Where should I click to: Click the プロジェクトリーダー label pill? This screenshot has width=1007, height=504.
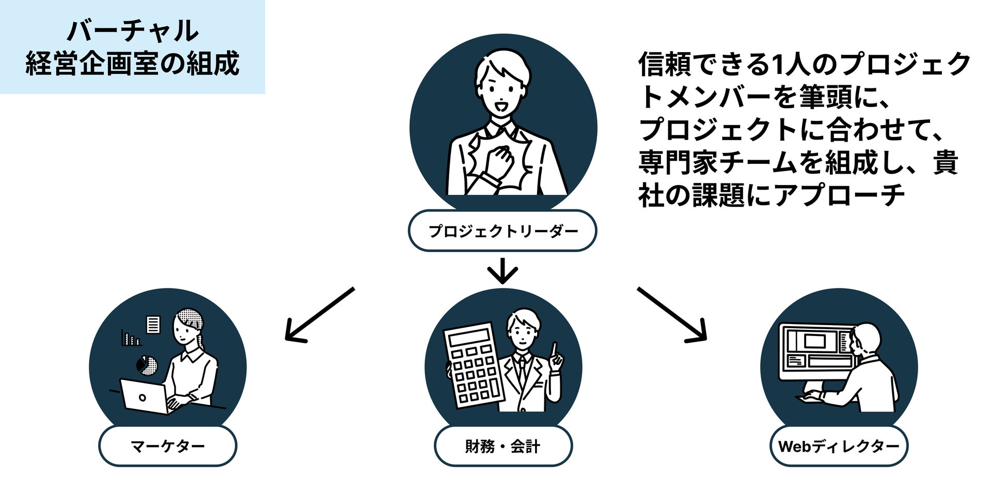pyautogui.click(x=502, y=231)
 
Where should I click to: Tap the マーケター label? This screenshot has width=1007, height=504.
pyautogui.click(x=167, y=446)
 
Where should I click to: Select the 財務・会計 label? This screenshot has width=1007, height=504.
pyautogui.click(x=502, y=446)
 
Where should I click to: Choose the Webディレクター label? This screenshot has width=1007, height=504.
pyautogui.click(x=839, y=446)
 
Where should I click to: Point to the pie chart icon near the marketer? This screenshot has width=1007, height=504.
pyautogui.click(x=147, y=365)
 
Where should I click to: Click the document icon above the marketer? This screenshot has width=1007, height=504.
pyautogui.click(x=153, y=325)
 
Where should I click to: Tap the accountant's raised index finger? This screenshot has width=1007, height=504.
pyautogui.click(x=555, y=349)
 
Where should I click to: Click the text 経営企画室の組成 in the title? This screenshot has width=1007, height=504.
pyautogui.click(x=132, y=64)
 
